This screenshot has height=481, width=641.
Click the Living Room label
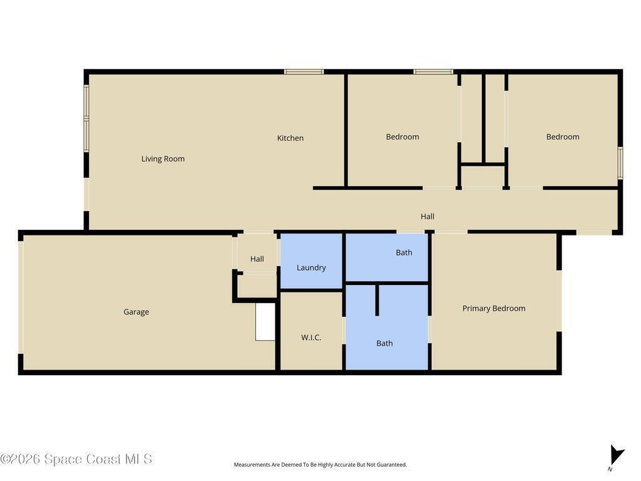point(163,158)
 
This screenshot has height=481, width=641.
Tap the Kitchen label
point(290,138)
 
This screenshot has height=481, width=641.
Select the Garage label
point(136,312)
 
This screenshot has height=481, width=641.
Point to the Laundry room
point(311,262)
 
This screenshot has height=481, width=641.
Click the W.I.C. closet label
point(311,338)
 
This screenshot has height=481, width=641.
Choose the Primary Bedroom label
point(494,308)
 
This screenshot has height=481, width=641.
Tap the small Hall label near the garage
point(257,259)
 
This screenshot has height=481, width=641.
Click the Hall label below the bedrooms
point(428,216)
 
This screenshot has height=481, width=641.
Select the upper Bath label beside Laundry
point(404,253)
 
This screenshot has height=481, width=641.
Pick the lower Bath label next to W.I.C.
point(384,344)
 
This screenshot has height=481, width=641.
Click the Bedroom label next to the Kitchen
point(403,137)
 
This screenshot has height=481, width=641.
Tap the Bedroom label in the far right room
point(563,137)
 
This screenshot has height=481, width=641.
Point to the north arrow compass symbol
point(616,457)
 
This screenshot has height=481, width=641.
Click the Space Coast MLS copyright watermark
point(76,459)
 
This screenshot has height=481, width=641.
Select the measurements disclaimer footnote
point(320,465)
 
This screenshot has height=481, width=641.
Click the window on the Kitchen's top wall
point(304,71)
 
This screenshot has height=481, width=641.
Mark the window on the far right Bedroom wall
point(620,163)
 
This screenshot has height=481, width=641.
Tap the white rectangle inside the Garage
point(265,322)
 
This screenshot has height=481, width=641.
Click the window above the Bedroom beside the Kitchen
point(433,71)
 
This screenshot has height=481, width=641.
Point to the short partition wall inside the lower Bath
point(377,300)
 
